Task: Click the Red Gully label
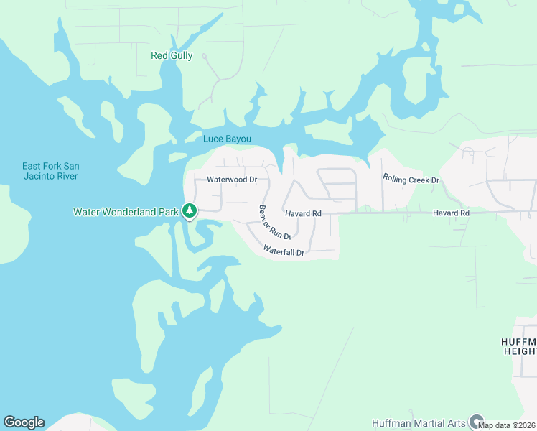click(172, 55)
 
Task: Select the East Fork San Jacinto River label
click(50, 171)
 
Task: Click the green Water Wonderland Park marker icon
click(190, 211)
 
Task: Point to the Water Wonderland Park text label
click(126, 212)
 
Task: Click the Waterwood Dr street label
click(232, 180)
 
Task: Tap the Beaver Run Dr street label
click(275, 223)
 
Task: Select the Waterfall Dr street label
click(284, 251)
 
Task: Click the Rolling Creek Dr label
click(411, 179)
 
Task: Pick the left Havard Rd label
click(302, 213)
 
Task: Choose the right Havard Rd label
click(450, 213)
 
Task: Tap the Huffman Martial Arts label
click(419, 423)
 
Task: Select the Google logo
click(24, 422)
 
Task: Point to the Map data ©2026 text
click(507, 425)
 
